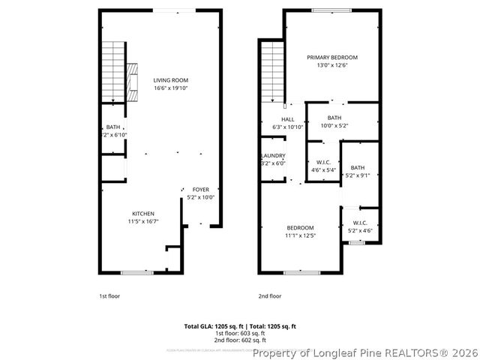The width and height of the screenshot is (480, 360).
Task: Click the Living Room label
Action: [x=171, y=79]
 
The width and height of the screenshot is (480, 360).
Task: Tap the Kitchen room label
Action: [x=143, y=214]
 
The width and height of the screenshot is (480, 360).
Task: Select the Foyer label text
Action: [x=201, y=190]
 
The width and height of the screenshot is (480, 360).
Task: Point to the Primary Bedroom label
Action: [x=332, y=58]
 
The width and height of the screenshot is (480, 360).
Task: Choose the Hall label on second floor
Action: [x=288, y=119]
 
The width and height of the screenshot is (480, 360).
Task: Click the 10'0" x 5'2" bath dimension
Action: [x=334, y=126]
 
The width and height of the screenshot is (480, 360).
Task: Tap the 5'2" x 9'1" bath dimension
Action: [x=358, y=176]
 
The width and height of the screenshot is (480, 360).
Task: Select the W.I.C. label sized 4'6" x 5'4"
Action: [x=324, y=162]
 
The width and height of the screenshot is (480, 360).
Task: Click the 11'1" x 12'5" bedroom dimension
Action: [x=300, y=235]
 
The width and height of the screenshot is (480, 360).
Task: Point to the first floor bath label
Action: [x=112, y=127]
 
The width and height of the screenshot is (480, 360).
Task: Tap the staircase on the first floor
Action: [x=112, y=70]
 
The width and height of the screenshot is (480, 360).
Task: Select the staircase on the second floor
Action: [x=270, y=70]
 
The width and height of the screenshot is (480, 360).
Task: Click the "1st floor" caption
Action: [x=109, y=296]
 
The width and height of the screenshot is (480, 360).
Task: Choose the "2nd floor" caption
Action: [x=270, y=296]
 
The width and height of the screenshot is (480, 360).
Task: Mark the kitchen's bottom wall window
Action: [x=136, y=272]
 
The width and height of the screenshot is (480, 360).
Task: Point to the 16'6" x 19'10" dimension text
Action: [x=171, y=88]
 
